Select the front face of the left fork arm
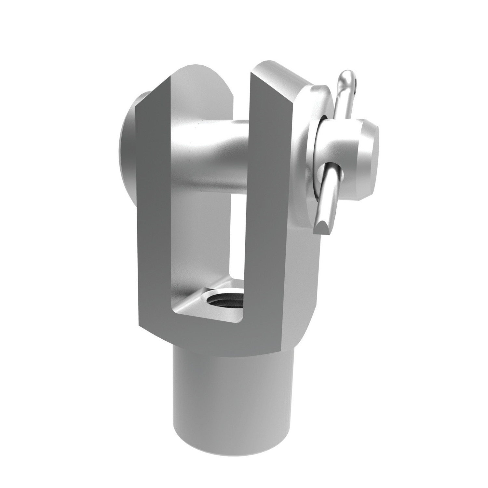tap(153, 211)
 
